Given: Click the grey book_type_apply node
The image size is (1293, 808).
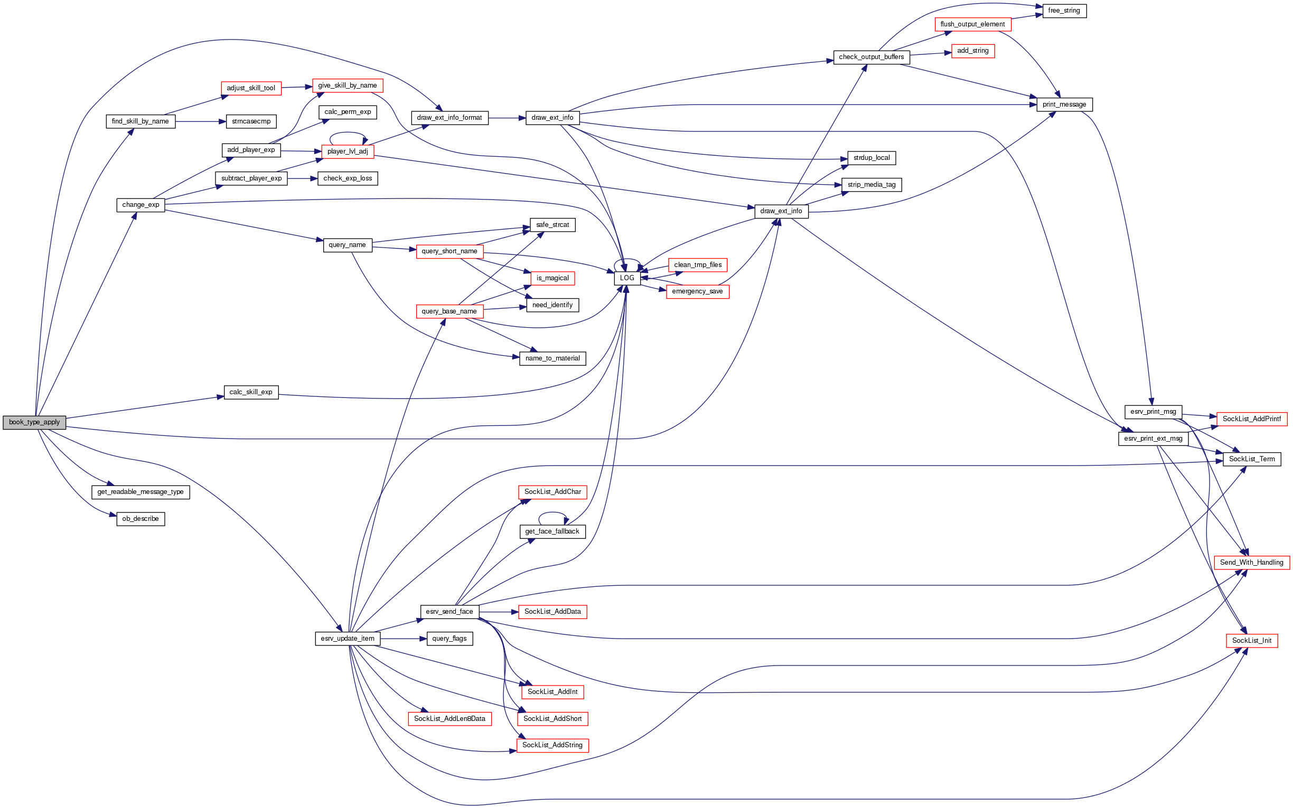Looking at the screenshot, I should pos(34,422).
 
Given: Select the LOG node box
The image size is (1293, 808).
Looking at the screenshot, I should pos(627,278).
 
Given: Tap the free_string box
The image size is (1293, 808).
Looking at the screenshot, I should pos(1064,11).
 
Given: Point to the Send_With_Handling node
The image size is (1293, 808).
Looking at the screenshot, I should pos(1251,562).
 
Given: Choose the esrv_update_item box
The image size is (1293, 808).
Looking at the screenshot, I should pos(348,639).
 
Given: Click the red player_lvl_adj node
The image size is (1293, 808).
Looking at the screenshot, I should pos(348,151).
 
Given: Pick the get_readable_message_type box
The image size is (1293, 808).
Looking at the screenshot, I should pos(140,492).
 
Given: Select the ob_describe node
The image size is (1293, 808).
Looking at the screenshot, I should pos(140,519).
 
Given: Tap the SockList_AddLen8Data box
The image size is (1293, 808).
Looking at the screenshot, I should pos(449,719).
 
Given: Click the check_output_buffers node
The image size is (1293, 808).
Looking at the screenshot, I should pos(871,57).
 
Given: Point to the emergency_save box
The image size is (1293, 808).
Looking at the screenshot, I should pos(697,291).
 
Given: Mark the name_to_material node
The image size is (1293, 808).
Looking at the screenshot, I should pos(552,358).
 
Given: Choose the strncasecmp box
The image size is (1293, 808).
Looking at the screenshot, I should pos(251,121).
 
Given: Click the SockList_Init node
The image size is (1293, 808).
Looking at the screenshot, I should pos(1251,640).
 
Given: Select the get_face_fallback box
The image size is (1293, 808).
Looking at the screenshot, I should pos(552,531).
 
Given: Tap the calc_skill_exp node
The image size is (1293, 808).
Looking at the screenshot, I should pos(251,392).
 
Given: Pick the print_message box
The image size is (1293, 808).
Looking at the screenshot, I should pos(1064,104).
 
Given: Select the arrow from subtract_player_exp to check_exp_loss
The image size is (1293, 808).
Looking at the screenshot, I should pos(302,178).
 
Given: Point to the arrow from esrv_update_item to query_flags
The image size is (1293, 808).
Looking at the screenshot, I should pos(403,639).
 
